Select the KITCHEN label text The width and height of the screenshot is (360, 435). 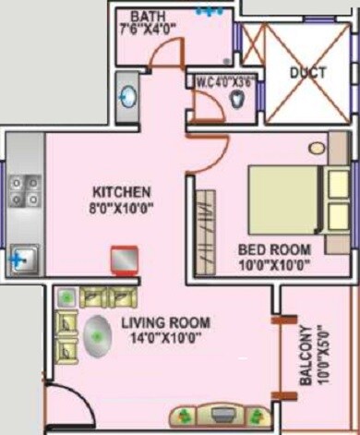coord(120,191)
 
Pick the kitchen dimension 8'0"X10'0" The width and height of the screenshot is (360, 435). coord(121,208)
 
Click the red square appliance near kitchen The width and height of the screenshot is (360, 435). coord(124,260)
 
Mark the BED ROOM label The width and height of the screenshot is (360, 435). coord(274,249)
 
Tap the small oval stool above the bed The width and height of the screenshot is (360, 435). coord(317,148)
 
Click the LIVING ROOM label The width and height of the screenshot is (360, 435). coord(166,322)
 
